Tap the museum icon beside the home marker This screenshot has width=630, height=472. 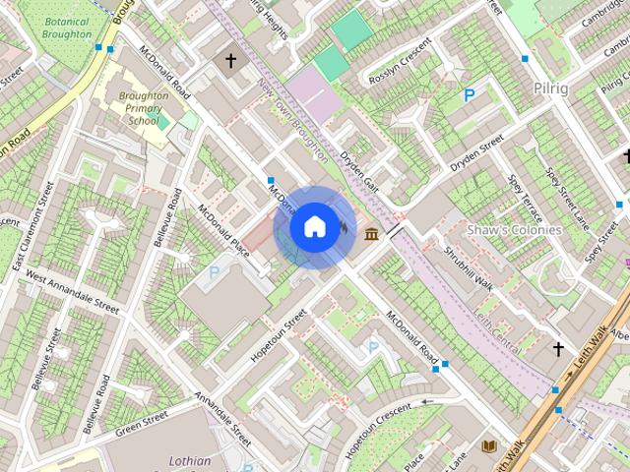pos(372,233)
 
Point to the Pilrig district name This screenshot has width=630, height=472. pos(549,88)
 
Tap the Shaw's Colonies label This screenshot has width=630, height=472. pos(514,229)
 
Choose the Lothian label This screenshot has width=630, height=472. pos(189,460)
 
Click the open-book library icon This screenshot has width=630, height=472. pos(488,446)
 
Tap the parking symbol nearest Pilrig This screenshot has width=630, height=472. pos(471,95)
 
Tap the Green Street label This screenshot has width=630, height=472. pos(142,423)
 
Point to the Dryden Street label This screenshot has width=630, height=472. pos(477,153)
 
